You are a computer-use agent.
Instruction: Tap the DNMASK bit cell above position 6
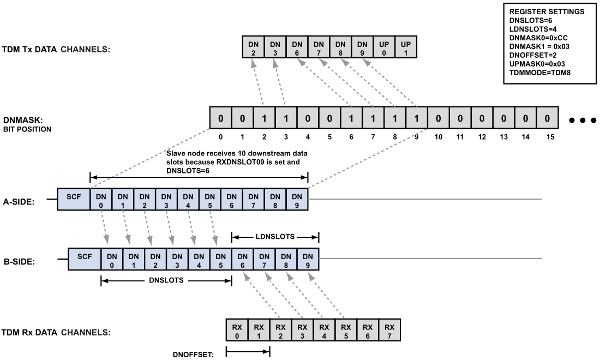coord(351,118)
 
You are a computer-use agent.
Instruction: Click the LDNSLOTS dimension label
coord(275,237)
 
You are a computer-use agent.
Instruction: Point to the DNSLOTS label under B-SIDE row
coord(166,281)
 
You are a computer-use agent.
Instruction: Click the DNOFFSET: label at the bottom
coord(191,353)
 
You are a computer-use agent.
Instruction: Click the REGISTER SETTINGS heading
coord(541,11)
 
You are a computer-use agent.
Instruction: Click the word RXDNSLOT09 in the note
coord(253,163)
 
